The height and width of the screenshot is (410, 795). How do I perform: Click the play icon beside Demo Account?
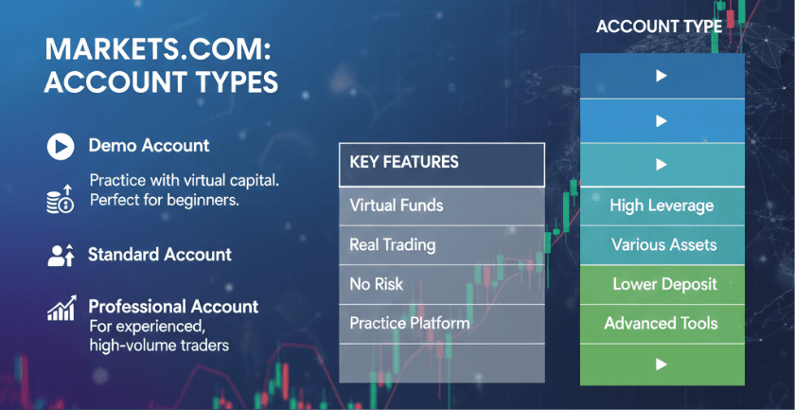point(61,147)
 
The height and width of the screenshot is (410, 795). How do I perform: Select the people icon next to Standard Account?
point(61,256)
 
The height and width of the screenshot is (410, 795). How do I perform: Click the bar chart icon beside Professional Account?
point(62,308)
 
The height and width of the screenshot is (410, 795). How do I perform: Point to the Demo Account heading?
point(149,146)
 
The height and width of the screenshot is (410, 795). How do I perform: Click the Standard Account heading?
point(160,254)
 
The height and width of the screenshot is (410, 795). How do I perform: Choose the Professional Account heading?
point(173,307)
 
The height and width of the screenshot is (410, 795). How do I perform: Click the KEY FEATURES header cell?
point(442,165)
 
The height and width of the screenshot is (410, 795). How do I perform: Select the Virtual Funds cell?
point(442,206)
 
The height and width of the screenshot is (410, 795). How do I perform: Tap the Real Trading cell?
point(442,245)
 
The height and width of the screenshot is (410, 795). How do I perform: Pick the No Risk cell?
point(442,284)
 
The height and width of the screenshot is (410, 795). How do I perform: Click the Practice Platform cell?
point(442,324)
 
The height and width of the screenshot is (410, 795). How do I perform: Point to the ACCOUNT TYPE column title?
point(659,27)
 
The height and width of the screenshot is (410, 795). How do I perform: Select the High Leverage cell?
point(662,206)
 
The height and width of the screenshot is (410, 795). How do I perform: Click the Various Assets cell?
point(662,245)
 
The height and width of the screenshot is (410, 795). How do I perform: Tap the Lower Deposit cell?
point(662,284)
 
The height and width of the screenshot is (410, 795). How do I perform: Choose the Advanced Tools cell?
point(662,324)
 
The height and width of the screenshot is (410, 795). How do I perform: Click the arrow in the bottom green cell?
point(662,364)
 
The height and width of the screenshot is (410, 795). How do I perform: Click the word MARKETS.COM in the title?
point(154,51)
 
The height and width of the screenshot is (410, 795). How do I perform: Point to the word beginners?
point(203,200)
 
